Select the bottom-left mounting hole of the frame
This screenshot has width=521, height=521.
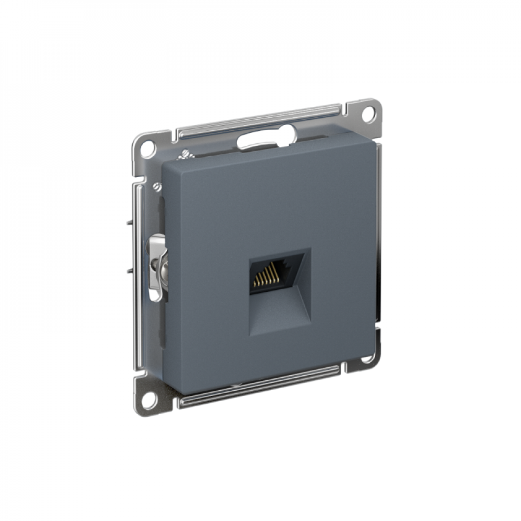click(148, 401)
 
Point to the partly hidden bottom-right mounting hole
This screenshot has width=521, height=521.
click(369, 358)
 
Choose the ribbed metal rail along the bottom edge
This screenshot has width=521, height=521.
click(260, 386)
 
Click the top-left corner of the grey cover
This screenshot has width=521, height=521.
click(165, 163)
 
